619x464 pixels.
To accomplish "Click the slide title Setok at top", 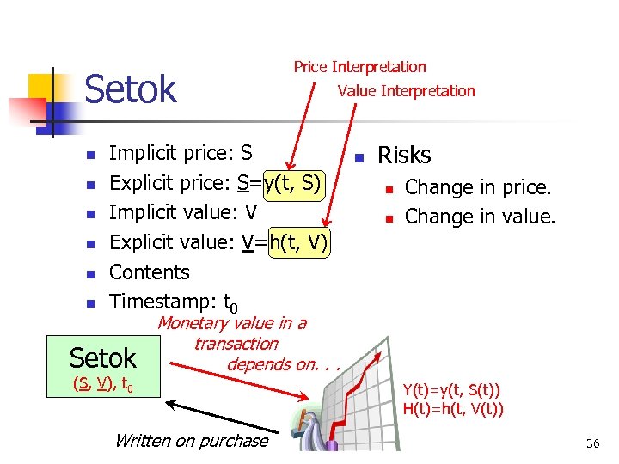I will [x=131, y=89].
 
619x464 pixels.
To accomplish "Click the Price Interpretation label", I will [x=359, y=67].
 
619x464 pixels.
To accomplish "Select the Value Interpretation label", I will [x=406, y=91].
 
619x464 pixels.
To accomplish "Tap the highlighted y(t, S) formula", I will [x=295, y=183].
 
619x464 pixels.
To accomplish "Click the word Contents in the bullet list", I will [x=150, y=272].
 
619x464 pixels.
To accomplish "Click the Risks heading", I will [x=404, y=155].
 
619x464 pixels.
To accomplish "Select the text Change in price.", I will [x=478, y=187].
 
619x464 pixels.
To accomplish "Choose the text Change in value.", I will [x=480, y=217].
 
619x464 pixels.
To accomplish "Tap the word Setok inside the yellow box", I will [x=103, y=357].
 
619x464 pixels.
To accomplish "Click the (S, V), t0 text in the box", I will [x=102, y=383].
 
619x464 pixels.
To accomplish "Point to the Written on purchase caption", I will [x=191, y=441].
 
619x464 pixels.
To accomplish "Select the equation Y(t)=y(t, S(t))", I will [x=453, y=390].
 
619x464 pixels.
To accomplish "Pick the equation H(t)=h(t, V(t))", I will [x=453, y=408].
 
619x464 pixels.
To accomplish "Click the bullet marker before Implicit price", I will [x=89, y=155].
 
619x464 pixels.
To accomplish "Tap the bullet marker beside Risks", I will [x=359, y=157].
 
